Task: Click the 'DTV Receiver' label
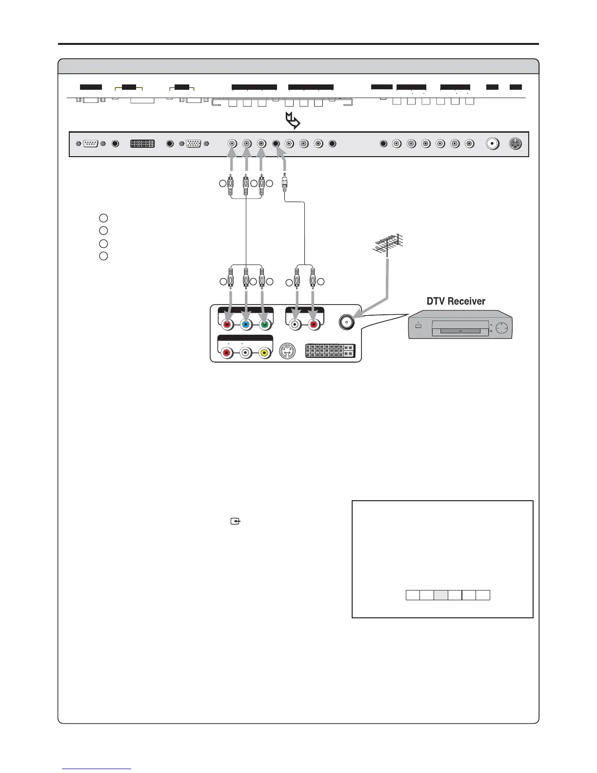coord(456,301)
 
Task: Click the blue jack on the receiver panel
coord(246,323)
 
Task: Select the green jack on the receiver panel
coord(264,323)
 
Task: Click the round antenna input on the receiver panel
coord(346,322)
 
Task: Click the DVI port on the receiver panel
coord(330,350)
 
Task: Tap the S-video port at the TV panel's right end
coord(515,144)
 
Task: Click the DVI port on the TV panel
coord(142,144)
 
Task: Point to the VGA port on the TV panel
coord(194,144)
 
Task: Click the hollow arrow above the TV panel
coord(293,121)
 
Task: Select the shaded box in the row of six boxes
coord(441,594)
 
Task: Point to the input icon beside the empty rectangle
coord(236,522)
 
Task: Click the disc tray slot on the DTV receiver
coord(461,331)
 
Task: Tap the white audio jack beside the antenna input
coord(295,323)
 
